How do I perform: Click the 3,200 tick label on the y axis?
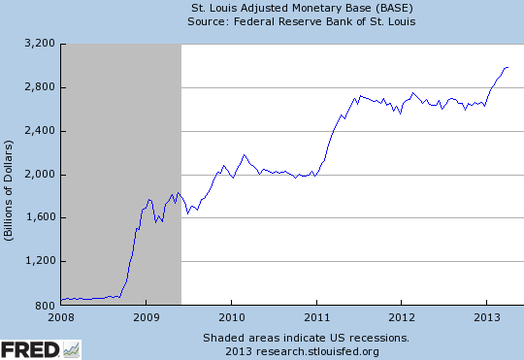coord(38,44)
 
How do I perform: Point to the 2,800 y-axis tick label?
coord(38,87)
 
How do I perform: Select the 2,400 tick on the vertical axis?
coord(38,131)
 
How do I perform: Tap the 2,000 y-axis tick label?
coord(38,175)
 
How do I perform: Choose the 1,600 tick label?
coord(38,218)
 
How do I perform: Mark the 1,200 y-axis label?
coord(38,262)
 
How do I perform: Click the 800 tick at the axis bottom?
coord(44,306)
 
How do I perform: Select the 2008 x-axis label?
coord(60,317)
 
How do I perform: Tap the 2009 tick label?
coord(146,317)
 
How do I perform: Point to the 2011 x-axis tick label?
coord(317,317)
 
